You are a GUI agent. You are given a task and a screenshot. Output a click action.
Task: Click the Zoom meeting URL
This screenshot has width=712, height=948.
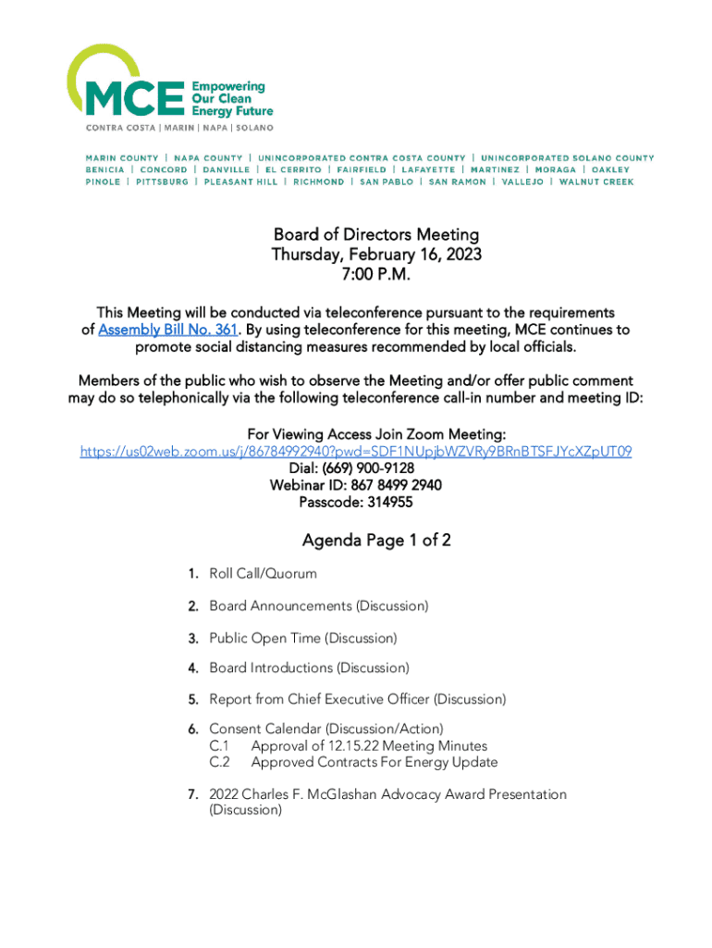pos(356,452)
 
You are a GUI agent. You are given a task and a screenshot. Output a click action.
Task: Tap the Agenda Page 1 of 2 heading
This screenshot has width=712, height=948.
pos(375,541)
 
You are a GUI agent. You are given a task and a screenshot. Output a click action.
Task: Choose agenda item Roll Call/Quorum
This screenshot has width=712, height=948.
pos(263,574)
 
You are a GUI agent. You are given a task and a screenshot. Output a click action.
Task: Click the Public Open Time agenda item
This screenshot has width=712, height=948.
pos(302,638)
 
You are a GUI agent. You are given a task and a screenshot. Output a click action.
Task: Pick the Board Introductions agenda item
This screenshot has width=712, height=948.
pos(309,667)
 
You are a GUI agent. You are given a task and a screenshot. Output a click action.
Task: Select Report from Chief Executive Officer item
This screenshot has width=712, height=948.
pos(357,699)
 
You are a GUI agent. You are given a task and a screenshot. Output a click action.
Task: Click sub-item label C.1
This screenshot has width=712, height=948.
pos(219,746)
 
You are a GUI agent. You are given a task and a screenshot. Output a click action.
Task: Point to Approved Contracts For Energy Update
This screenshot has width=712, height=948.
pos(374,763)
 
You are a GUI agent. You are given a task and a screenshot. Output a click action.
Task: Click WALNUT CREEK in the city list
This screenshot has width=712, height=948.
pos(596,182)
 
